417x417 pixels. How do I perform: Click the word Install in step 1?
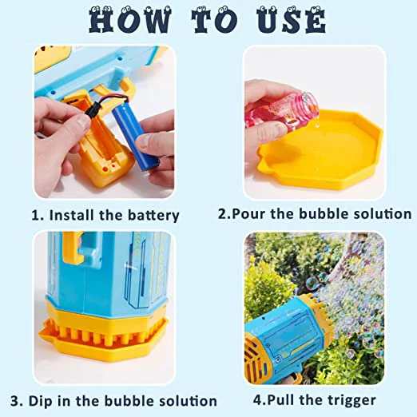(71, 216)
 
